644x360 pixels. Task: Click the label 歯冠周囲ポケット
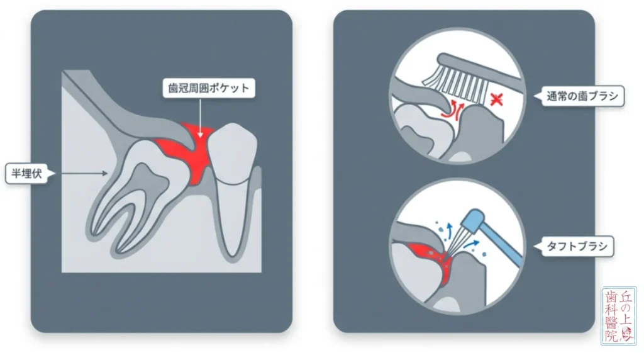(209, 88)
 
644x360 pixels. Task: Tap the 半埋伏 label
(27, 173)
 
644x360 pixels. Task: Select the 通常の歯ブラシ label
(582, 96)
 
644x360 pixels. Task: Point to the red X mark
(497, 99)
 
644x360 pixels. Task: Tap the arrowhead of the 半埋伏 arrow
(105, 174)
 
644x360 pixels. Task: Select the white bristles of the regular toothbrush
(456, 84)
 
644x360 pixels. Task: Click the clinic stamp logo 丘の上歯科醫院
(619, 315)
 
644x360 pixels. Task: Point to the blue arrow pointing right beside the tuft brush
(472, 245)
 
